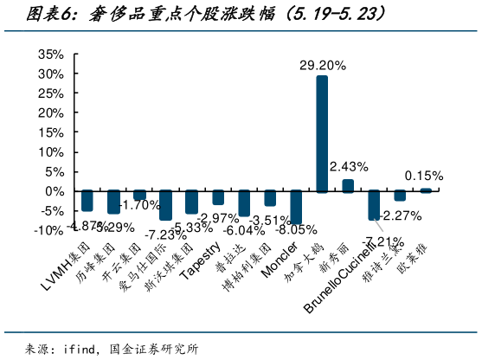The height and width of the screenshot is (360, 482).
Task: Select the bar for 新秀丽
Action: click(x=348, y=185)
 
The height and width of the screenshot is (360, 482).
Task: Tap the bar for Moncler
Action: click(x=296, y=207)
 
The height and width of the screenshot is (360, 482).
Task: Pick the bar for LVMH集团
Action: click(x=87, y=200)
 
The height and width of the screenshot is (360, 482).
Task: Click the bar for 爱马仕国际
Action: click(x=165, y=205)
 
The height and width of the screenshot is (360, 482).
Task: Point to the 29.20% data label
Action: click(x=323, y=65)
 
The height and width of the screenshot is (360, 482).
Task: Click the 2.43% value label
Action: click(x=350, y=165)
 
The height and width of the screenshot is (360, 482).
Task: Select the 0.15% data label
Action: click(x=423, y=175)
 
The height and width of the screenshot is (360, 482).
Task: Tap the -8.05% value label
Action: click(x=296, y=230)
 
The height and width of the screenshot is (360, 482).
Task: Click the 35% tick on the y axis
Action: click(x=51, y=55)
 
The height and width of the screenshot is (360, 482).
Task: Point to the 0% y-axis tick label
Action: click(x=55, y=191)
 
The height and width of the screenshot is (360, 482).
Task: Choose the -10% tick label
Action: click(x=48, y=230)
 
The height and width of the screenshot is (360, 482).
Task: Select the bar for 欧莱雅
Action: click(x=426, y=190)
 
